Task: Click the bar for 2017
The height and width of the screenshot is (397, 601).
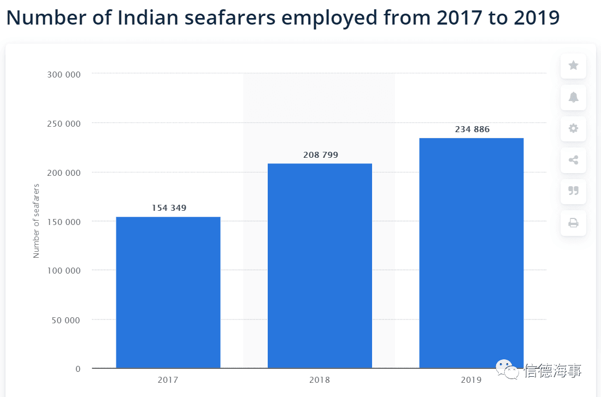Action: pos(168,292)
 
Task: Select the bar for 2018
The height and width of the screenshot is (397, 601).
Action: pos(320,265)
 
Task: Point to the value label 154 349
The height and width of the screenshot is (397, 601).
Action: pos(169,208)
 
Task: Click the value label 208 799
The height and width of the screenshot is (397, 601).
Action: pos(321,155)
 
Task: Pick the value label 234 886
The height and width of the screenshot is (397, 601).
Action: pos(472,129)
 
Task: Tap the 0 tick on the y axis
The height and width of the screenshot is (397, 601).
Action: pos(78,369)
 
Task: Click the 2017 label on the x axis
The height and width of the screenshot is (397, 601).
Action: pos(168,380)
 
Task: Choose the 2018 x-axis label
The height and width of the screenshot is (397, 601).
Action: pos(320,380)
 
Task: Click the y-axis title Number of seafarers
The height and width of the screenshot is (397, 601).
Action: pos(37,221)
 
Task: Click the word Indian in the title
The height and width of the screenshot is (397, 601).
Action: pos(147,17)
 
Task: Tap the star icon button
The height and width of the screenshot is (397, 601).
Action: pos(573,66)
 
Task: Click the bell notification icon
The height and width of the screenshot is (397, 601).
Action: pos(573,97)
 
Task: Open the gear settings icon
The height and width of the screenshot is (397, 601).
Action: pos(573,129)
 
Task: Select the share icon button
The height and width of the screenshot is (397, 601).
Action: pos(573,160)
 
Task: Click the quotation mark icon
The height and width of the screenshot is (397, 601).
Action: pos(573,191)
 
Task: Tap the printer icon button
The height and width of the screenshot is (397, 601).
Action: pos(573,223)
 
